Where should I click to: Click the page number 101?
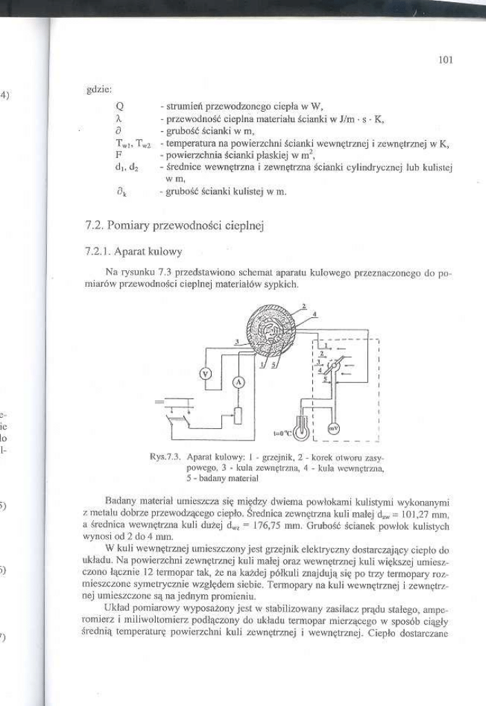(445, 60)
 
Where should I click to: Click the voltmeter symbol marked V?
(205, 374)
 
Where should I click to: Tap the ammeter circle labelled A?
(239, 381)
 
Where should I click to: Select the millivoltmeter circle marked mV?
(334, 427)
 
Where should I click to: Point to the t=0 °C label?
(282, 434)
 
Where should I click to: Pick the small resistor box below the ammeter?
(239, 416)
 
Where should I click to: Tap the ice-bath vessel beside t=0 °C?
(301, 429)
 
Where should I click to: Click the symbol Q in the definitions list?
(120, 105)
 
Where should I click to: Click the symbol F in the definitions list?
(119, 155)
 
